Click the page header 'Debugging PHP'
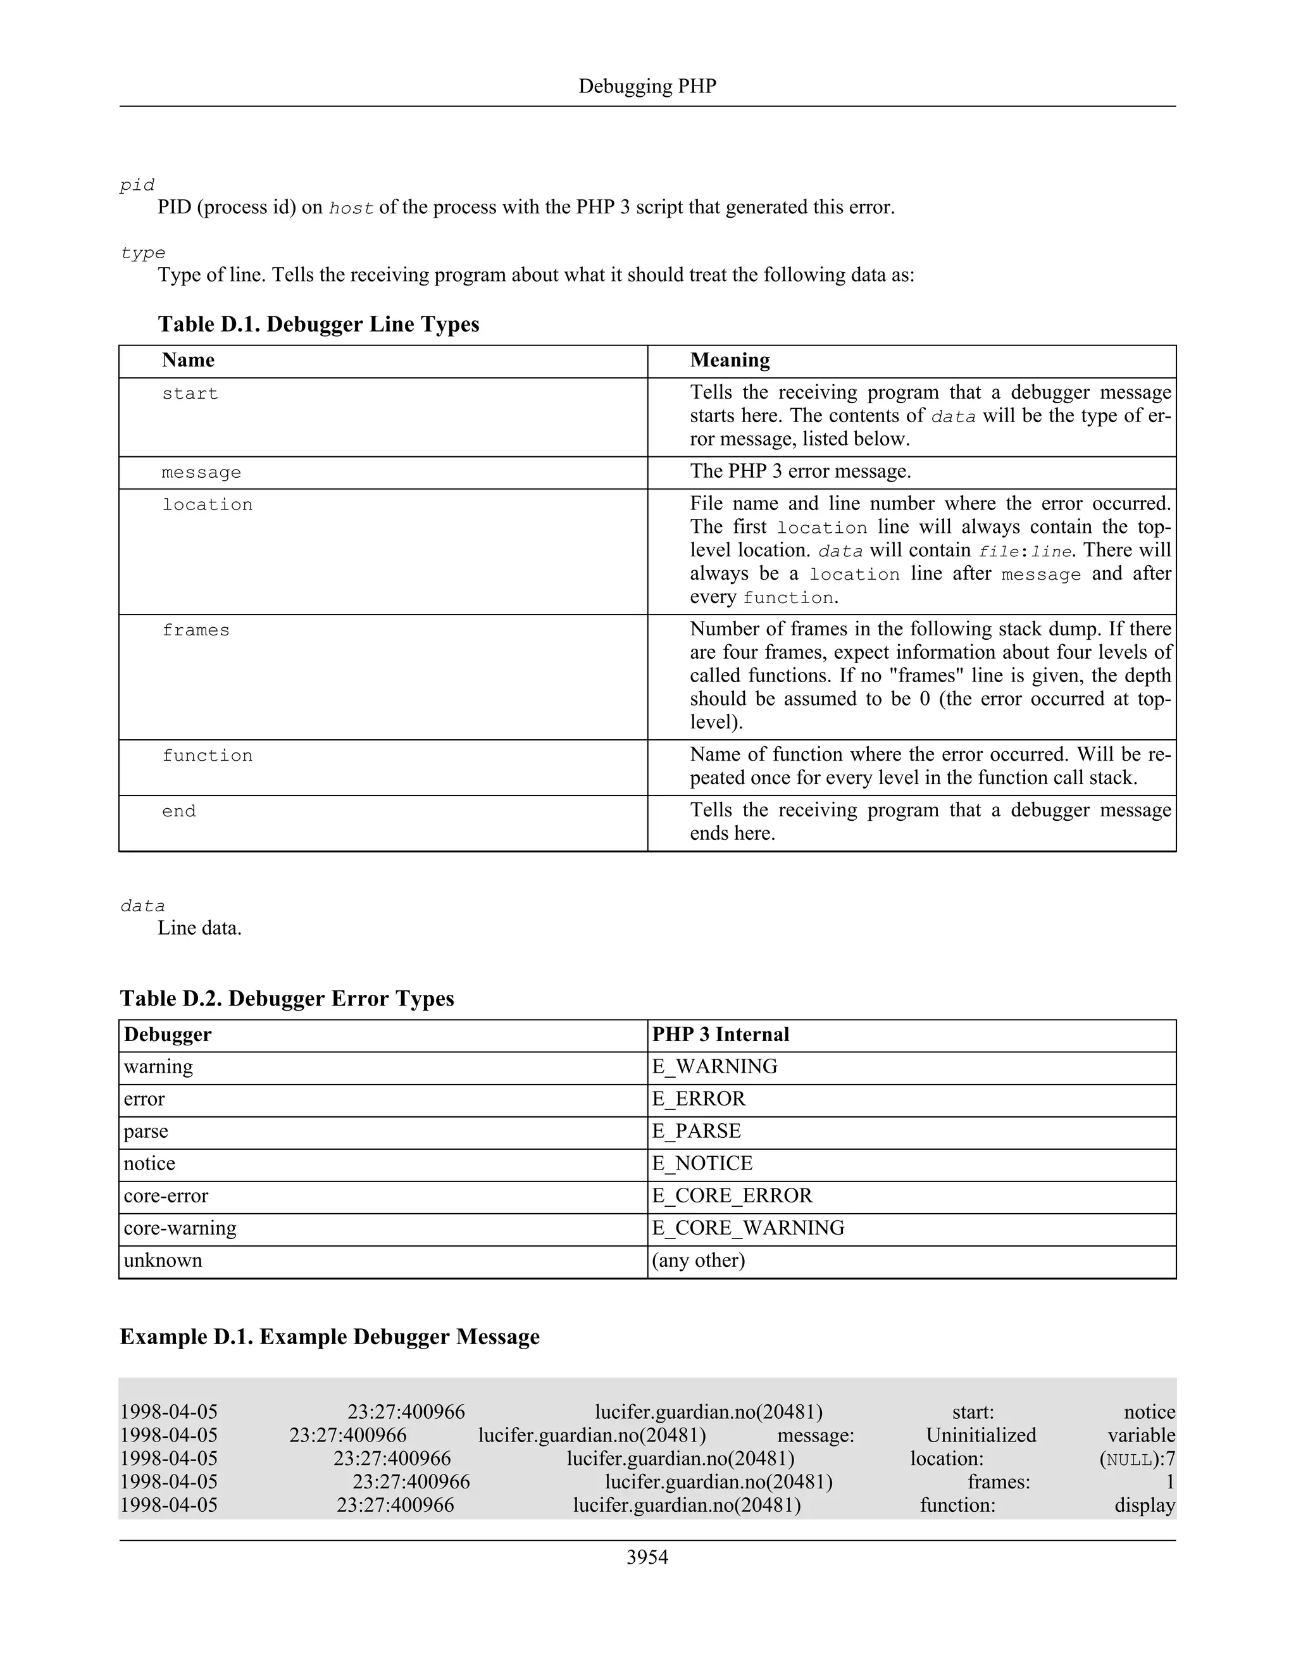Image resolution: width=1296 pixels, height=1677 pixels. (647, 86)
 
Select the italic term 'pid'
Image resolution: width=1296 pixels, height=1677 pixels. (137, 185)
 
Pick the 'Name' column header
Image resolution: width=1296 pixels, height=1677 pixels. (188, 360)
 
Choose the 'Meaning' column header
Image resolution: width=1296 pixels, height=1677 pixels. (730, 360)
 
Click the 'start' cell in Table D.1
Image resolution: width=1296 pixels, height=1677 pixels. (190, 394)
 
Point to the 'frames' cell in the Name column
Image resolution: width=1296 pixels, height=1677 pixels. (196, 630)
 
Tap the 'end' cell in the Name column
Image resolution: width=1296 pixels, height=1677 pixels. (179, 812)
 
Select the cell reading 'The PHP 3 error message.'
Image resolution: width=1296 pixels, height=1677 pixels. (800, 471)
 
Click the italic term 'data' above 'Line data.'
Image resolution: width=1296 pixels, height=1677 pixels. (142, 906)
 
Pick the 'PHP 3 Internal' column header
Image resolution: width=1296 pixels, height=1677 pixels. (720, 1034)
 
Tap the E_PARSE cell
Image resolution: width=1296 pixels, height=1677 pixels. (696, 1131)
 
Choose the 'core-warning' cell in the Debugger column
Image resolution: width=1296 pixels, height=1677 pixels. (180, 1228)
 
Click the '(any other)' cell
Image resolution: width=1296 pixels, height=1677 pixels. (698, 1260)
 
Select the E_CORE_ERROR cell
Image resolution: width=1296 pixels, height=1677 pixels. (732, 1195)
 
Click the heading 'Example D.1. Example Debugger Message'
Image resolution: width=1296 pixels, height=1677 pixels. (329, 1337)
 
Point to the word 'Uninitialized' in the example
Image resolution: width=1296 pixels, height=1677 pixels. (980, 1435)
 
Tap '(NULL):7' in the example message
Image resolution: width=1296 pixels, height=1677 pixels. (1137, 1459)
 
